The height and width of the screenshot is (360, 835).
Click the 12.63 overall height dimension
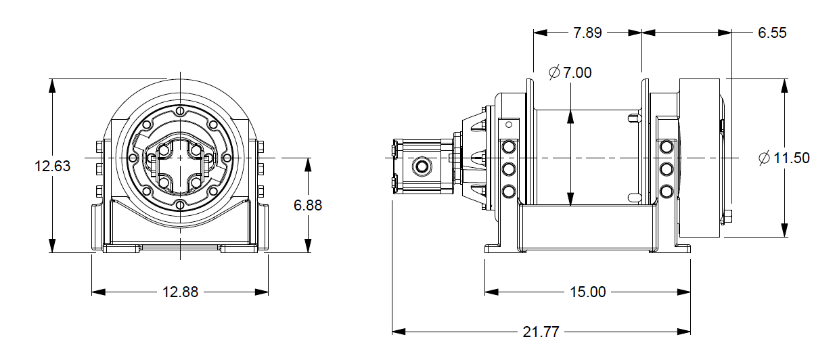(x=53, y=166)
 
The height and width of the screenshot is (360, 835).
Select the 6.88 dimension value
(x=308, y=206)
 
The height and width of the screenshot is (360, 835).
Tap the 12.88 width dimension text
(x=181, y=292)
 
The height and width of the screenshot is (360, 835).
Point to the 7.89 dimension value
(x=587, y=32)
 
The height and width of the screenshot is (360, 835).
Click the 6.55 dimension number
(x=772, y=32)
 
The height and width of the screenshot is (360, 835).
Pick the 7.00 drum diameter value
(x=577, y=72)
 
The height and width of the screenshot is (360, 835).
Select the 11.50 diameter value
(x=792, y=158)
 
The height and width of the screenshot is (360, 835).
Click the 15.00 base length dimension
(x=587, y=292)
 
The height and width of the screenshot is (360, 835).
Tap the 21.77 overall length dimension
(x=541, y=332)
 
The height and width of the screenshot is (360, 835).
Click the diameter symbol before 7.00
(x=554, y=72)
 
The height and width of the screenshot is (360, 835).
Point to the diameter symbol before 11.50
(x=765, y=158)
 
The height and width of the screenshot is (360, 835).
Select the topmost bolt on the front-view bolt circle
(x=180, y=112)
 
